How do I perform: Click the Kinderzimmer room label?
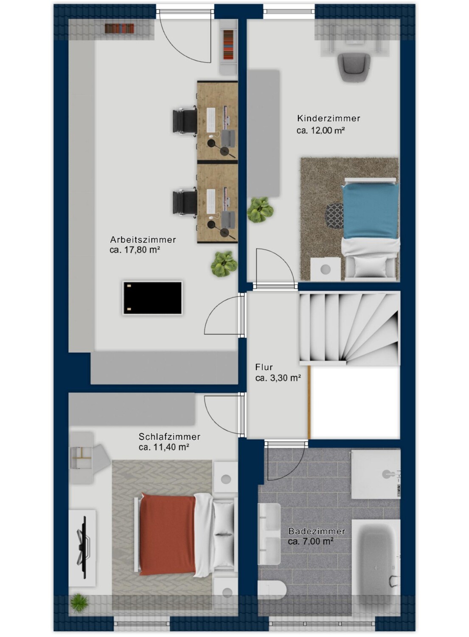(329, 118)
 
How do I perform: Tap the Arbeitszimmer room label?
(143, 240)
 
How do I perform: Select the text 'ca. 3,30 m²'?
(278, 378)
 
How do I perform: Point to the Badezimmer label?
(317, 531)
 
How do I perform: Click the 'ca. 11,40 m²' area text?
(164, 447)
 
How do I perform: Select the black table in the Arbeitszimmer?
(152, 298)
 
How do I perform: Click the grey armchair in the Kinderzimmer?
(354, 67)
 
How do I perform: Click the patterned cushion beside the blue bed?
(334, 215)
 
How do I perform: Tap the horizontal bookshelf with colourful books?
(119, 28)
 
